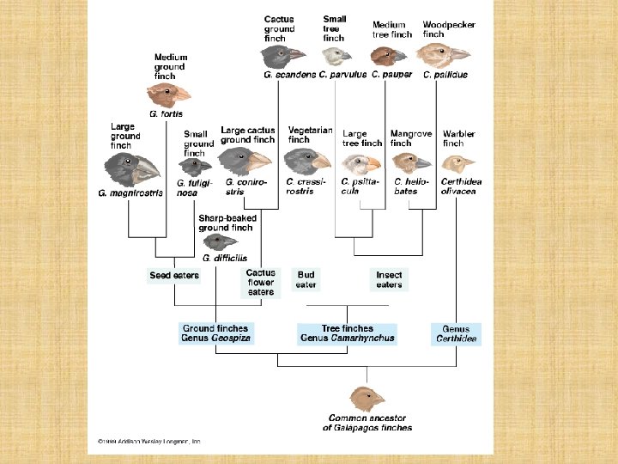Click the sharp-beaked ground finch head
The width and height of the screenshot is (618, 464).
point(220,241)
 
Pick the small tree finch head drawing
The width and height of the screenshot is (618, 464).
point(336,56)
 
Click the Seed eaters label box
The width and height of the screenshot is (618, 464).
point(174,276)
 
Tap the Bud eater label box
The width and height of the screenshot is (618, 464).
point(306,279)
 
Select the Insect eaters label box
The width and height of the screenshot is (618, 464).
point(389,279)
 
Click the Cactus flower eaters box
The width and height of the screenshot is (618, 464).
point(261,282)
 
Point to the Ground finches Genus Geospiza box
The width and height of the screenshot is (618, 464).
point(215,333)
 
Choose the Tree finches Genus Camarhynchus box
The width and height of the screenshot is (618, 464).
point(347,333)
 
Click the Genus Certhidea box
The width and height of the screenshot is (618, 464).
point(456,333)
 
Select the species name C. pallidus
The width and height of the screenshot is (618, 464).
point(445,75)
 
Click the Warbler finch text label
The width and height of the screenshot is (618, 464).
point(458,138)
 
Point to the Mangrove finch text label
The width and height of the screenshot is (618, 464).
point(411,138)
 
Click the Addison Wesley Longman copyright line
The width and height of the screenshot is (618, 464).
point(144,442)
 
